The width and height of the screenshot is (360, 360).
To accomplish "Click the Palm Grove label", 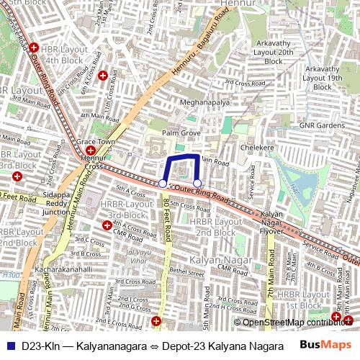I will (181, 133).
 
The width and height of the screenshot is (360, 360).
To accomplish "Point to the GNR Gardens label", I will (322, 125).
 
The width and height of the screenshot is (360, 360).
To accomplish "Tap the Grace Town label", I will (96, 142).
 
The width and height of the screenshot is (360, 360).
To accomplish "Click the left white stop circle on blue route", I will (163, 184).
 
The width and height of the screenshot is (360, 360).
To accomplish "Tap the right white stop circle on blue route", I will (197, 184).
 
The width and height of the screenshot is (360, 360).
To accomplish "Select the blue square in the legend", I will (9, 346).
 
